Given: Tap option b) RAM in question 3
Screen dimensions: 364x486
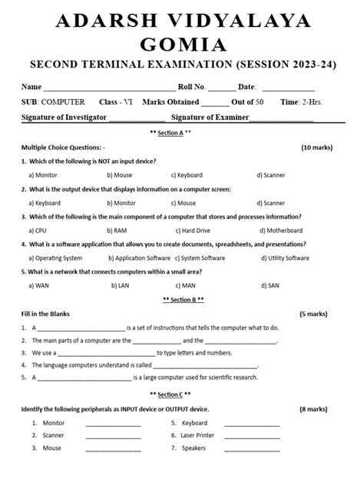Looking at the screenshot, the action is [117, 230].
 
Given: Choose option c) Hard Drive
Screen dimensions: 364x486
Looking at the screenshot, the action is [195, 230].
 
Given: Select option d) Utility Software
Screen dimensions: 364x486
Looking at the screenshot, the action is [283, 258].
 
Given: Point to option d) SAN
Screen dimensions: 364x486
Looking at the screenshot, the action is [268, 285].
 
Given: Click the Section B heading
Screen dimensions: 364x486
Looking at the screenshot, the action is [182, 299].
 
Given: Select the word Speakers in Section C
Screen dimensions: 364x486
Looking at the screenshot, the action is [194, 448].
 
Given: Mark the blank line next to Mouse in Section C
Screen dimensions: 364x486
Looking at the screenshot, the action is [113, 449].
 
